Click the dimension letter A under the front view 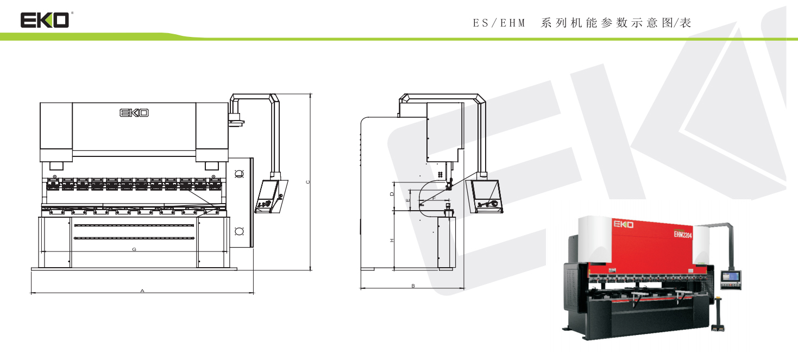142,291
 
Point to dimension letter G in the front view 134,249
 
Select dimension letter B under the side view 413,286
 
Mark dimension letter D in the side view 392,193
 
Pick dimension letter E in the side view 407,200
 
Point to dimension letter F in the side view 434,199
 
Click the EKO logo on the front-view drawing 134,113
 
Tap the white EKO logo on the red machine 623,224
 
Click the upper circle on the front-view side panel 238,174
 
